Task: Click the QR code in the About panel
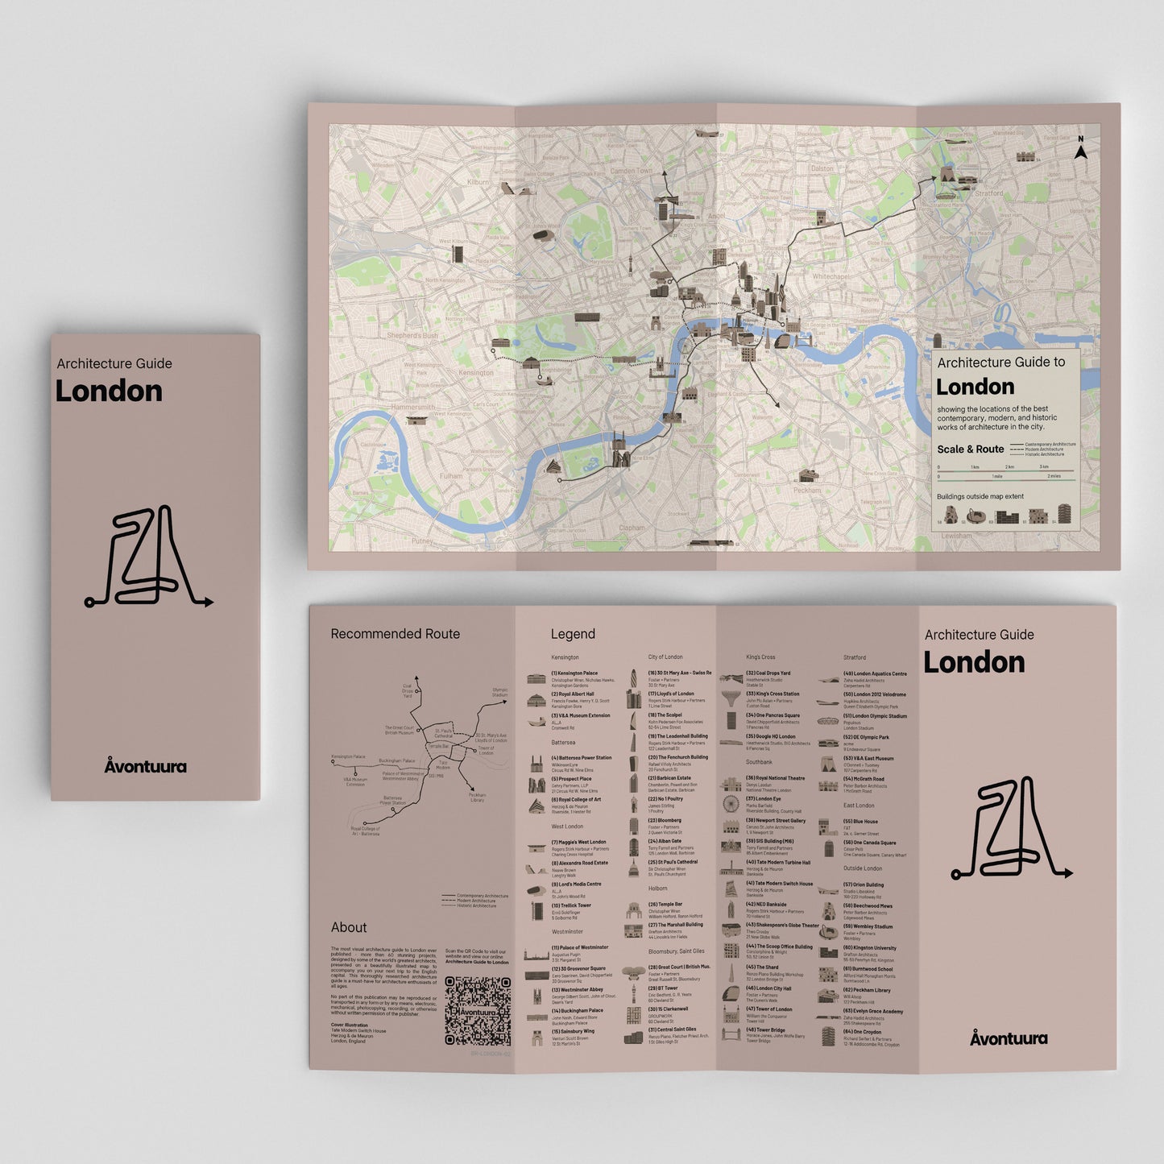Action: pos(478,1010)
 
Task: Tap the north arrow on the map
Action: pos(1081,149)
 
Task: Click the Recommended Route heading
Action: pos(395,634)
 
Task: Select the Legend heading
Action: pos(573,634)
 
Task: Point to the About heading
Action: pos(349,927)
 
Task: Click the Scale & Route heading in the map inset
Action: pos(970,449)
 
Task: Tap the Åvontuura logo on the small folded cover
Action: pos(145,766)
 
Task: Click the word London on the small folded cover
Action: pos(109,391)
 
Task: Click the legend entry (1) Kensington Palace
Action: pos(574,673)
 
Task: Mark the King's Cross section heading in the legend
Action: pos(760,657)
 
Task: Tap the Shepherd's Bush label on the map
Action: pos(412,335)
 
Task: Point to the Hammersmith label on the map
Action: pos(412,408)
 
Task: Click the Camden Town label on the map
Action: pos(632,171)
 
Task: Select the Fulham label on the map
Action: pos(451,475)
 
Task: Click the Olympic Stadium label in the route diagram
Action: pos(499,692)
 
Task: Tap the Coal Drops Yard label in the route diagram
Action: pos(408,691)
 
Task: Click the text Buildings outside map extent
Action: pos(980,496)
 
